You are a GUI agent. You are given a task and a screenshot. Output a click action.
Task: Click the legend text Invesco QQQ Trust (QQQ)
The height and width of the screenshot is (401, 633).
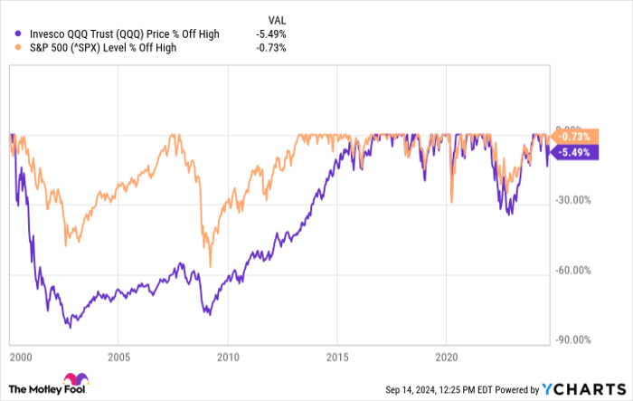(x=86, y=33)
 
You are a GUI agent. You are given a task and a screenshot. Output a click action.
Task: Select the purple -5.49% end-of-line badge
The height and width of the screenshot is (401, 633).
(x=572, y=152)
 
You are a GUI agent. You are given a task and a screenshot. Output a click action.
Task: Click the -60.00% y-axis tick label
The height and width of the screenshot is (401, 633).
(x=573, y=270)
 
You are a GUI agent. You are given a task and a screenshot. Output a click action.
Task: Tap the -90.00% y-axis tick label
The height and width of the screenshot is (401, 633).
(x=573, y=340)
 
